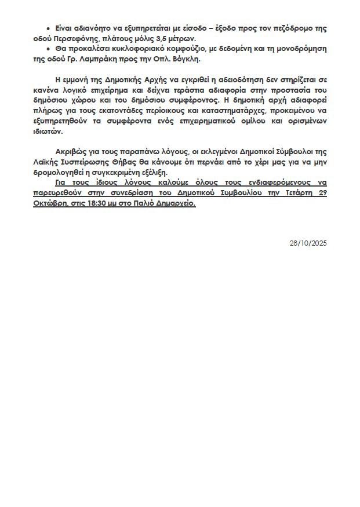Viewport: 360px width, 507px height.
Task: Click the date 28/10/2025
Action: [308, 243]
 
